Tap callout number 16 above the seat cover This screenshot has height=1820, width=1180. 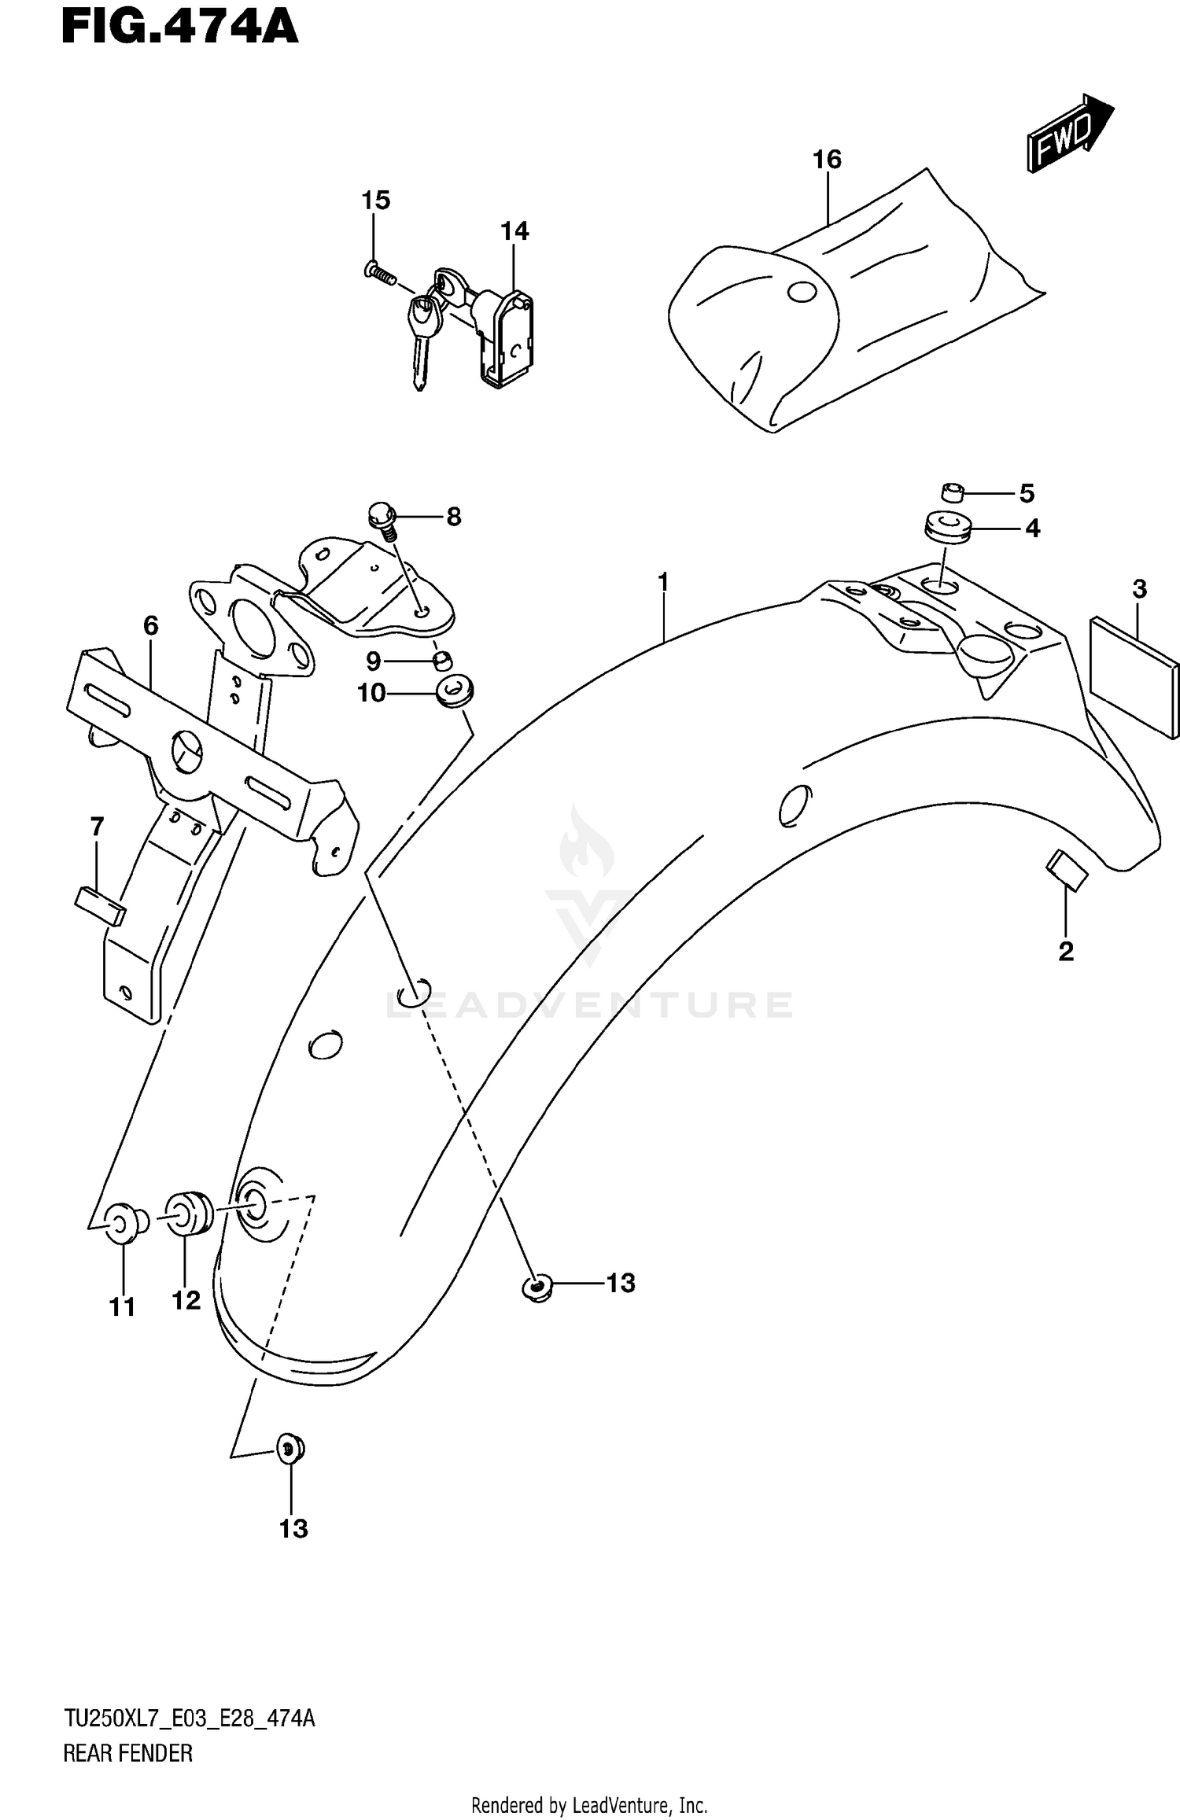coord(827,160)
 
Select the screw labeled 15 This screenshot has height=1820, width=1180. coord(378,273)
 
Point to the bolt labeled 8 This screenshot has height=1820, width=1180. coord(382,519)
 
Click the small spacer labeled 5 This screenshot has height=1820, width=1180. coord(952,493)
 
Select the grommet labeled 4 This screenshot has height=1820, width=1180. coord(948,529)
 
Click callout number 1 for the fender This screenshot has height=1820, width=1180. coord(663,583)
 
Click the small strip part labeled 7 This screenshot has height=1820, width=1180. coord(100,905)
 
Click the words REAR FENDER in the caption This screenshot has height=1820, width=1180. coord(127,1753)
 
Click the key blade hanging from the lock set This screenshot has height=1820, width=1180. coord(419,362)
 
